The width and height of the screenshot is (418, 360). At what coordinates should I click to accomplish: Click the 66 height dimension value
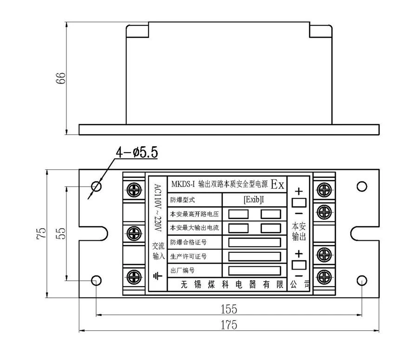pos(61,78)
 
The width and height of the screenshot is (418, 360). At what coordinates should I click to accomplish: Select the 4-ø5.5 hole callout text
pos(137,153)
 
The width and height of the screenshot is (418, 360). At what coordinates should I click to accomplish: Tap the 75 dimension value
pos(41,233)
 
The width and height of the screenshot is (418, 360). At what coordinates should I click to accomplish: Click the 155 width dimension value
pos(229,309)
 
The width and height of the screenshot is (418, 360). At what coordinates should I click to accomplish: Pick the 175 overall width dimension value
pos(229,325)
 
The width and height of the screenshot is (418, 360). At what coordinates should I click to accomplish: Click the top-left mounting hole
pos(96,186)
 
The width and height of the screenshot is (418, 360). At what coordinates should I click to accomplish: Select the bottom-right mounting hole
pos(361,280)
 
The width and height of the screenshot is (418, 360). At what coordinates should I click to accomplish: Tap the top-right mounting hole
pos(361,186)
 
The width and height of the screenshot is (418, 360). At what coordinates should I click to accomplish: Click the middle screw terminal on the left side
pos(134,233)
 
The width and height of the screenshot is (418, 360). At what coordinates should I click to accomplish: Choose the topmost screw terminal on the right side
pos(324,190)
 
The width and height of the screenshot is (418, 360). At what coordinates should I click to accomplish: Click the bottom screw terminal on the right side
pos(324,277)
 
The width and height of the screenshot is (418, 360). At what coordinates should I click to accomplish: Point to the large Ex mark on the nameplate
pos(278,184)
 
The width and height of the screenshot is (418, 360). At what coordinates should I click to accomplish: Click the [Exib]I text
pos(254,199)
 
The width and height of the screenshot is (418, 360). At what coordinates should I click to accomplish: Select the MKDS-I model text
pos(183,184)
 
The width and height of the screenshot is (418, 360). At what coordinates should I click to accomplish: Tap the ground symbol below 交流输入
pos(157,276)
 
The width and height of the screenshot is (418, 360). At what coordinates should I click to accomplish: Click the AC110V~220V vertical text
pos(158,208)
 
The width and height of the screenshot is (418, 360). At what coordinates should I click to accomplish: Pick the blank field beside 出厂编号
pos(255,271)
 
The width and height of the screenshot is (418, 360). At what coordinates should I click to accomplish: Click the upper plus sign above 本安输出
pos(299,192)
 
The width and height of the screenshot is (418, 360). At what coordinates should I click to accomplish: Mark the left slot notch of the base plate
pos(103,233)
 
